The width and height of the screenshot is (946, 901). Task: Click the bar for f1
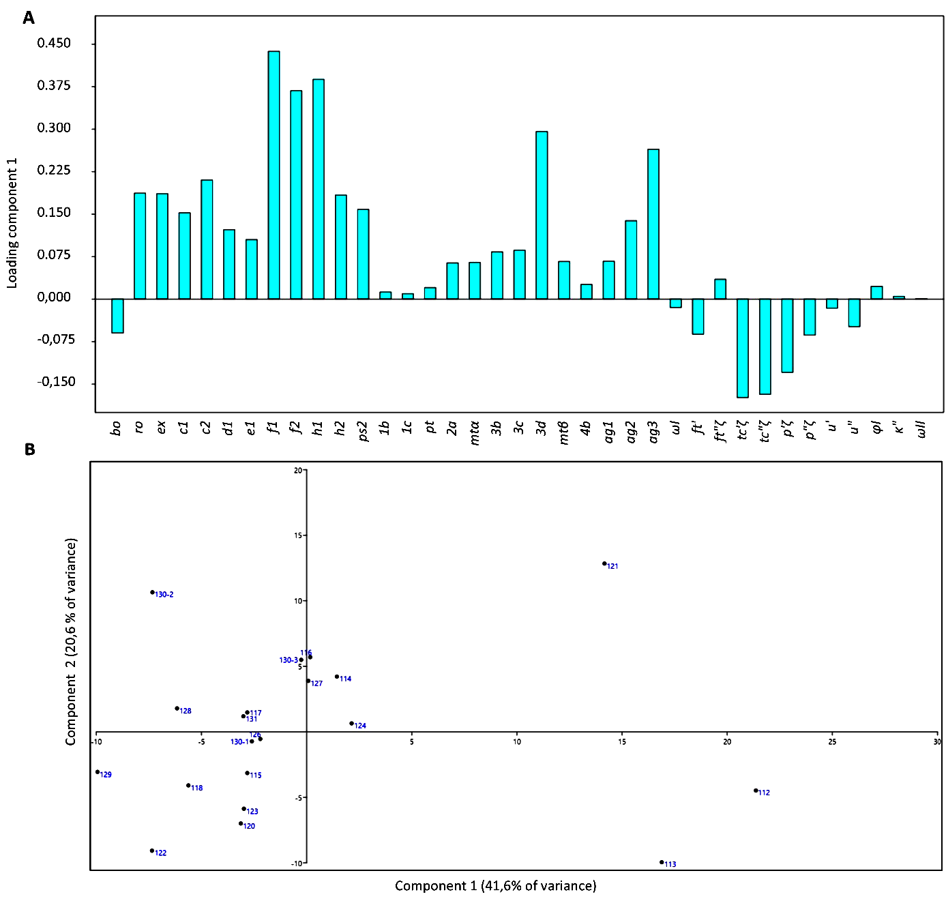coord(274,175)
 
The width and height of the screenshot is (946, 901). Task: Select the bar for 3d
coord(542,215)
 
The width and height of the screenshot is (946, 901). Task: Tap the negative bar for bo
coord(117,316)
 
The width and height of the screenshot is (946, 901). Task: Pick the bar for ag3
coord(653,224)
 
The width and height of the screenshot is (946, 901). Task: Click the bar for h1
coord(318,189)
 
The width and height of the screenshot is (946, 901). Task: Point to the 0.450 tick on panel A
coord(54,44)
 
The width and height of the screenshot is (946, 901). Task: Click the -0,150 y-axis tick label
coord(56,382)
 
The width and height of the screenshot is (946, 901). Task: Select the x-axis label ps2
coord(363,431)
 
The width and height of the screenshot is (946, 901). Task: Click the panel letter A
coord(29,18)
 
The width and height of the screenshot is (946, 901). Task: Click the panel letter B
coord(29,449)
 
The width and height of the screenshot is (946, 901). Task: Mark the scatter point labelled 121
coord(604,563)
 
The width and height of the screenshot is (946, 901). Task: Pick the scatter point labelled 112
coord(756,791)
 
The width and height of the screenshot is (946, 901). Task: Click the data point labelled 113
coord(662,862)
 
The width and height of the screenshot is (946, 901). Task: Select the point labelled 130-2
coord(152,592)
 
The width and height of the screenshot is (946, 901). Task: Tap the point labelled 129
coord(98,772)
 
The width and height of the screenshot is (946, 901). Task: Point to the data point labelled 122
coord(152,851)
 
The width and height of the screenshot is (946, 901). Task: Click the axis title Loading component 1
coord(12,224)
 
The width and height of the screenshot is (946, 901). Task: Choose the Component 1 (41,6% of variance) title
coord(496,886)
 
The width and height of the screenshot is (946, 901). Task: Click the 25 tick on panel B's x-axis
coord(832,742)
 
